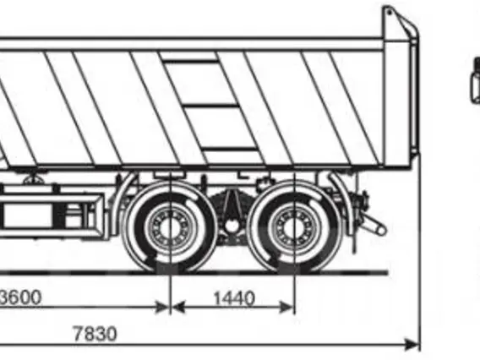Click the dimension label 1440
[x=234, y=298]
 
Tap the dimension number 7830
[x=95, y=333]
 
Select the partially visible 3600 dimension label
[x=20, y=297]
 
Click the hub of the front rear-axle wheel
[x=170, y=227]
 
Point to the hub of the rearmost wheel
[x=294, y=227]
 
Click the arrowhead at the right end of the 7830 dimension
[x=412, y=345]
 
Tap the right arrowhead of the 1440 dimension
[x=286, y=307]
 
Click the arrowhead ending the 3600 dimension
[x=161, y=307]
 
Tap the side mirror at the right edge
[x=476, y=80]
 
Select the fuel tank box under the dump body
[x=52, y=212]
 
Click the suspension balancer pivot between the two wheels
[x=232, y=226]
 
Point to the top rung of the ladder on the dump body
[x=190, y=63]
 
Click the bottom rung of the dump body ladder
[x=230, y=150]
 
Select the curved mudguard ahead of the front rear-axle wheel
[x=122, y=202]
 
